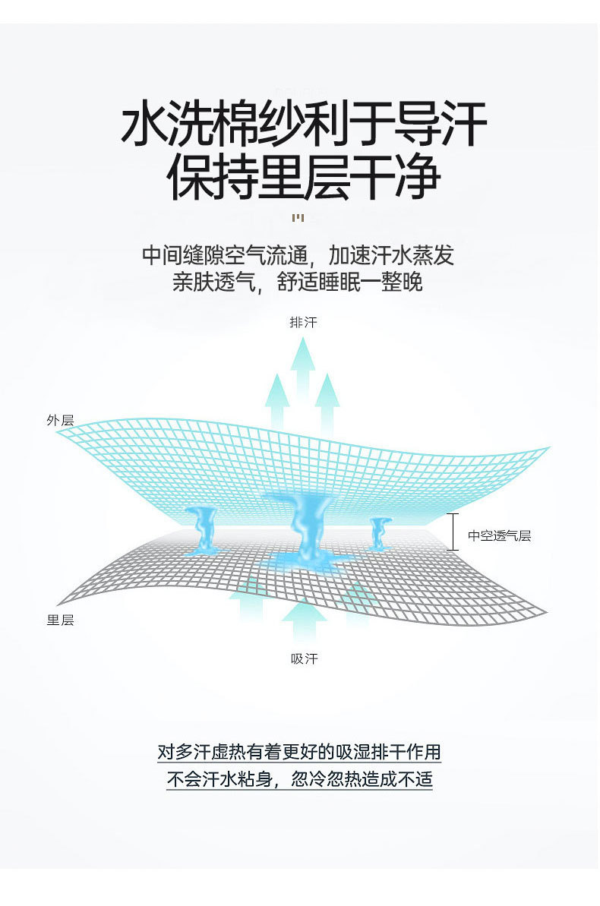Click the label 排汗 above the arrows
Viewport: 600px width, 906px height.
point(303,322)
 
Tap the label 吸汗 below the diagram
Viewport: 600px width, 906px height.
point(304,658)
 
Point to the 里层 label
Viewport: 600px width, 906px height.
point(60,620)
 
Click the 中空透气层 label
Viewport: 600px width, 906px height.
point(499,535)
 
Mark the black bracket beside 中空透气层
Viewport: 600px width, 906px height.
point(453,532)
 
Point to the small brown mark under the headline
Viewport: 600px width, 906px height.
point(298,219)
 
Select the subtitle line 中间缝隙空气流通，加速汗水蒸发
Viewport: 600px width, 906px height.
point(298,254)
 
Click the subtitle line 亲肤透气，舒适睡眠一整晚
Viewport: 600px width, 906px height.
point(298,283)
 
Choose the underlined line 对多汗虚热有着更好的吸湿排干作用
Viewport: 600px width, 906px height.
point(299,752)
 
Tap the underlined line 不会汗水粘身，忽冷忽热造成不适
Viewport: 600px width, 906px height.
point(299,779)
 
